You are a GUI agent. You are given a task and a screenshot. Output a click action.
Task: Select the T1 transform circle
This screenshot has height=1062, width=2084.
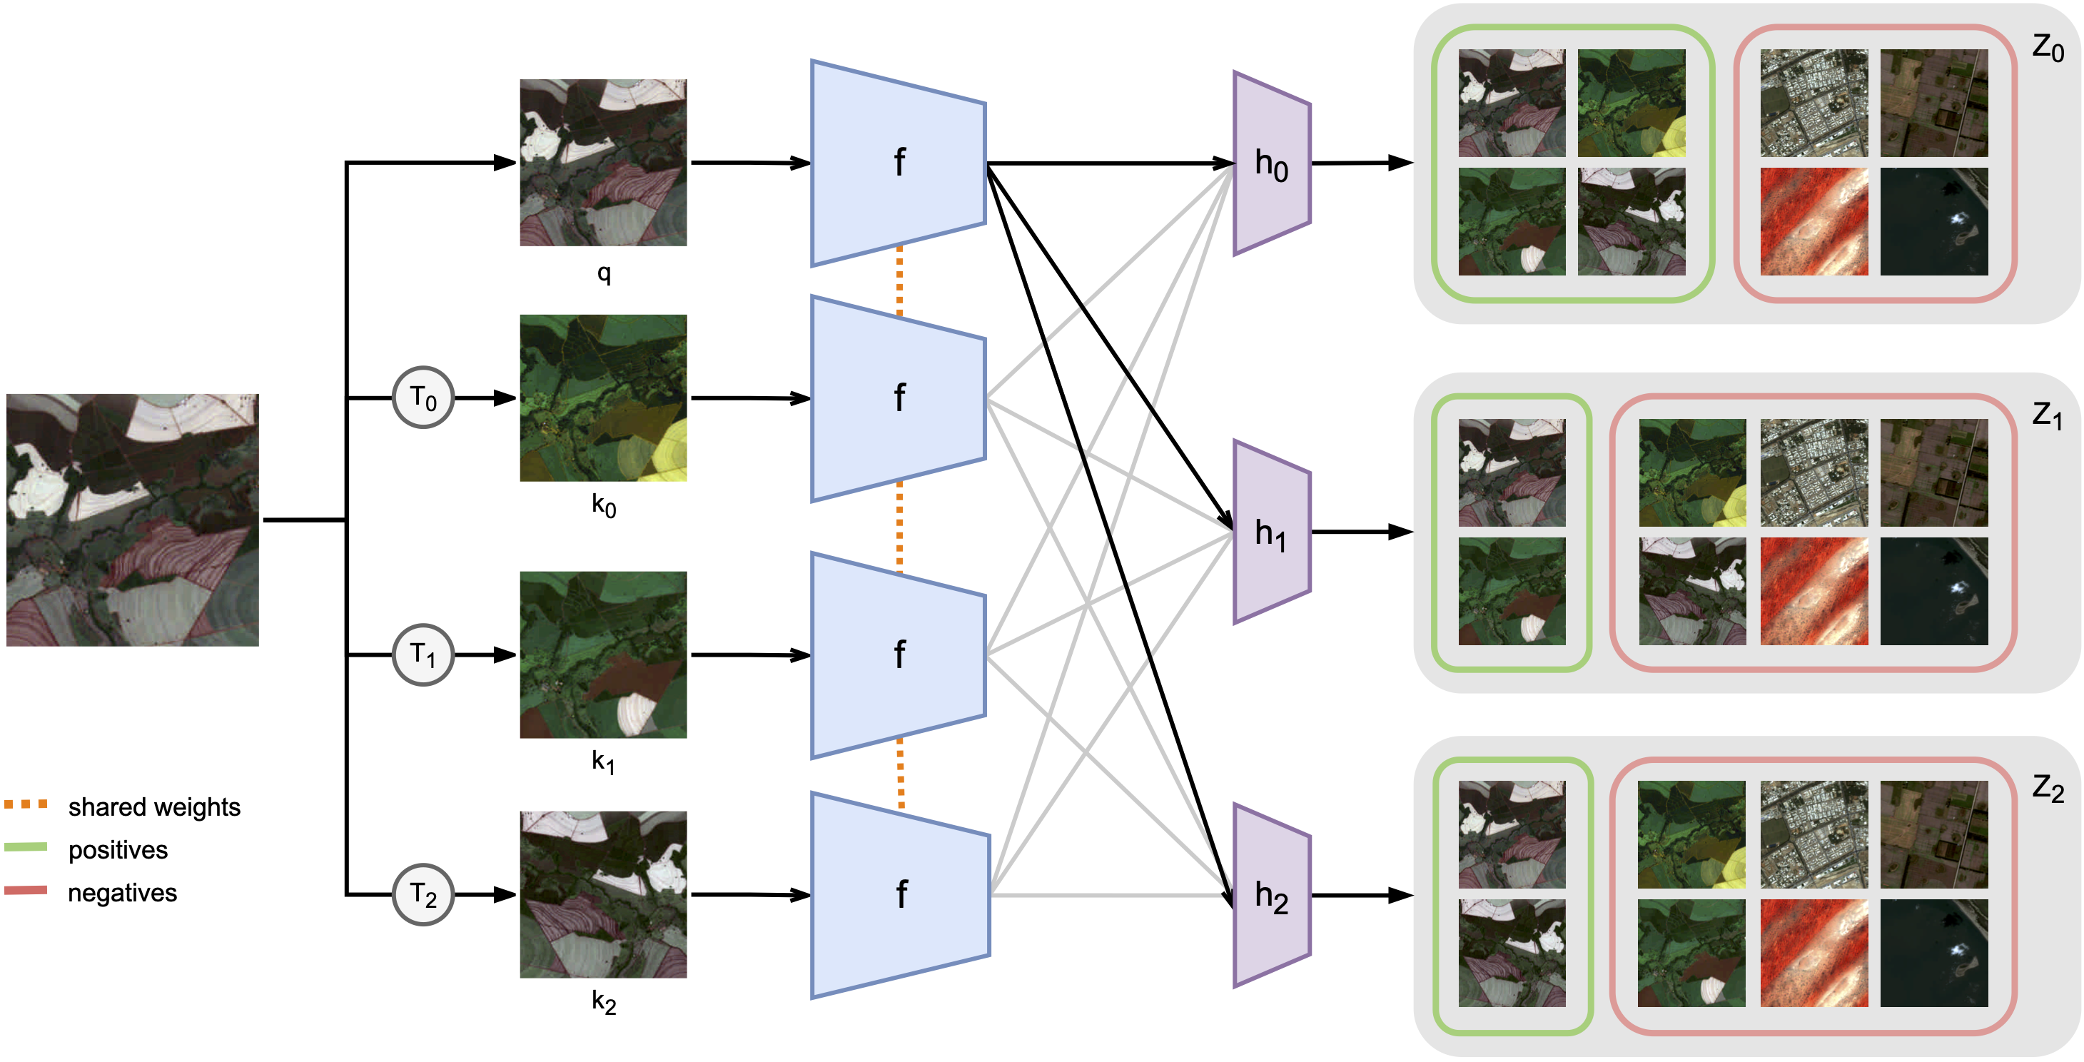(423, 654)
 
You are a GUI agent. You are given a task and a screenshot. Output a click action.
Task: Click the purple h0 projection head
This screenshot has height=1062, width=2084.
(1271, 163)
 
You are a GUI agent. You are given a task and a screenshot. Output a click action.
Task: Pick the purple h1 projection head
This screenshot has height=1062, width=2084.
(1271, 532)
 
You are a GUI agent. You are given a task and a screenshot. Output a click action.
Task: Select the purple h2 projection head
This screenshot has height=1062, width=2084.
(1271, 896)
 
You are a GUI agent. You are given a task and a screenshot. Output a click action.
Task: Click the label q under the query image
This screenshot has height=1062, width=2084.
(604, 273)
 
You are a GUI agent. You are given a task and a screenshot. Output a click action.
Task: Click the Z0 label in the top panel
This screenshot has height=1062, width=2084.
(2047, 48)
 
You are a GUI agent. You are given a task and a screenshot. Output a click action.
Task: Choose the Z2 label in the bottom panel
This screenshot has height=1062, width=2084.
(2047, 787)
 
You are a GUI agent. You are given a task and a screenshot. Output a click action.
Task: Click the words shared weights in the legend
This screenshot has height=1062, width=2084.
(153, 806)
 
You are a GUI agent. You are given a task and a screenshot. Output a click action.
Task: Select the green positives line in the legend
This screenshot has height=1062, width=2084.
(26, 847)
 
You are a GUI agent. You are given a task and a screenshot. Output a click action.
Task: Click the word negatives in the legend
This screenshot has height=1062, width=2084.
(122, 892)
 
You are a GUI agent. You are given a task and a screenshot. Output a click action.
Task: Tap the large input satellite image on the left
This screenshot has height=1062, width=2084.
(133, 520)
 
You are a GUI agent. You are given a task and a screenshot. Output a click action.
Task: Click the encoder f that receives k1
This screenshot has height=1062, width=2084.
(899, 654)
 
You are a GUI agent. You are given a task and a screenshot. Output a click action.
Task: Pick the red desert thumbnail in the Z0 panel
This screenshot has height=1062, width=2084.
(1814, 222)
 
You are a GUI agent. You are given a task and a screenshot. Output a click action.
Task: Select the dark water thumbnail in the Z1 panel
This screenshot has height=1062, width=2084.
(1933, 590)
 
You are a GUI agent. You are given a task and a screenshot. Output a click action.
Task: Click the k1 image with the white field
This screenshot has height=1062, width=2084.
(604, 654)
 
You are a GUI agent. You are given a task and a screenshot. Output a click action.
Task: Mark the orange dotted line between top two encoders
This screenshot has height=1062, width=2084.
(899, 280)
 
